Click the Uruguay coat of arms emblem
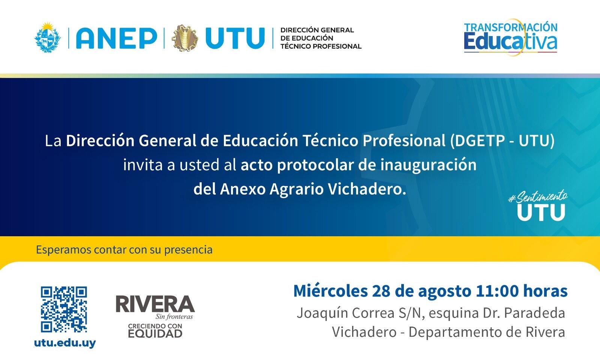click(x=48, y=37)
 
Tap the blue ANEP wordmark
click(x=117, y=38)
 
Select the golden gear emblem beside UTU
click(x=184, y=38)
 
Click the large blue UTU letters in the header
click(x=235, y=38)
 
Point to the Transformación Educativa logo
click(x=510, y=37)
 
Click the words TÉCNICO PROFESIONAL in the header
click(x=321, y=46)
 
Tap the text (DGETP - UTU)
click(x=502, y=141)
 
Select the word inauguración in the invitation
click(x=428, y=165)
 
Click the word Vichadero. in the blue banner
click(x=367, y=189)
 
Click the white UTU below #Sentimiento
click(x=541, y=213)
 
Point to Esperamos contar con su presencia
click(x=124, y=250)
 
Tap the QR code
click(x=64, y=309)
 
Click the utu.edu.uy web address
click(x=65, y=343)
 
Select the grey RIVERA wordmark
click(x=155, y=304)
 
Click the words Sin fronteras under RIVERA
click(x=174, y=317)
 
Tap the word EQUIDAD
click(x=155, y=334)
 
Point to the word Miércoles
click(x=330, y=291)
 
